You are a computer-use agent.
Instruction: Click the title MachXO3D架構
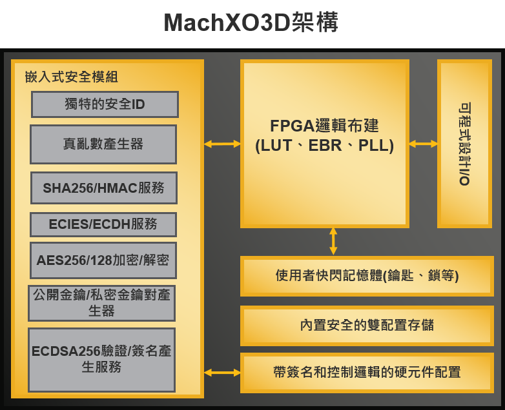[251, 23]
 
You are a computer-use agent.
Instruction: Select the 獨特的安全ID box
[105, 104]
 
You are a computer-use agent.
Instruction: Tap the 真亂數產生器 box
[103, 144]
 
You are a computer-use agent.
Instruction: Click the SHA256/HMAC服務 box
[104, 188]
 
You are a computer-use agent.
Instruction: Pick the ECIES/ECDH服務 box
[103, 224]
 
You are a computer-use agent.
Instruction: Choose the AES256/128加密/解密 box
[103, 260]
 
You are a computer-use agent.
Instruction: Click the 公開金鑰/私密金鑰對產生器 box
[102, 303]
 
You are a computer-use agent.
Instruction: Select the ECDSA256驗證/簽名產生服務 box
[102, 360]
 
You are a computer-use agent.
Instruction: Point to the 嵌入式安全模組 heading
[72, 77]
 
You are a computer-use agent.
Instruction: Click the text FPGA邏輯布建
[324, 126]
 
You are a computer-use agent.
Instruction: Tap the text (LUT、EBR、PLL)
[324, 146]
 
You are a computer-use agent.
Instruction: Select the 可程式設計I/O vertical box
[464, 144]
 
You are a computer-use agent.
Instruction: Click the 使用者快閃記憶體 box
[367, 276]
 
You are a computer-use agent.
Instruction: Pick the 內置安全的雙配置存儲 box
[367, 326]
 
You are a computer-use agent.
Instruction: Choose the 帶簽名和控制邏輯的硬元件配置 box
[367, 373]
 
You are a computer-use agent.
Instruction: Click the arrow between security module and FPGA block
[222, 144]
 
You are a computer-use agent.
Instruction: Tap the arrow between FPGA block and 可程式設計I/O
[423, 144]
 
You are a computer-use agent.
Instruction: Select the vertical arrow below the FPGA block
[333, 242]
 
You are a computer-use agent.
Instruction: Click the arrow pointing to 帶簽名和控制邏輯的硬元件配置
[222, 373]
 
